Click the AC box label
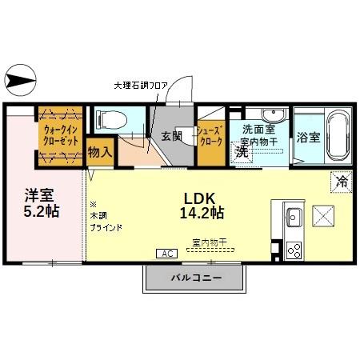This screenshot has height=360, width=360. [x=167, y=254]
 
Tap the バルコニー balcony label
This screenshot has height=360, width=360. [x=194, y=278]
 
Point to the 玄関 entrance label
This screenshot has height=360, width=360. [x=172, y=136]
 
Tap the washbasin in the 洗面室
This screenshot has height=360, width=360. [x=266, y=114]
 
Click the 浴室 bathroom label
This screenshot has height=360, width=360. [x=309, y=136]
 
